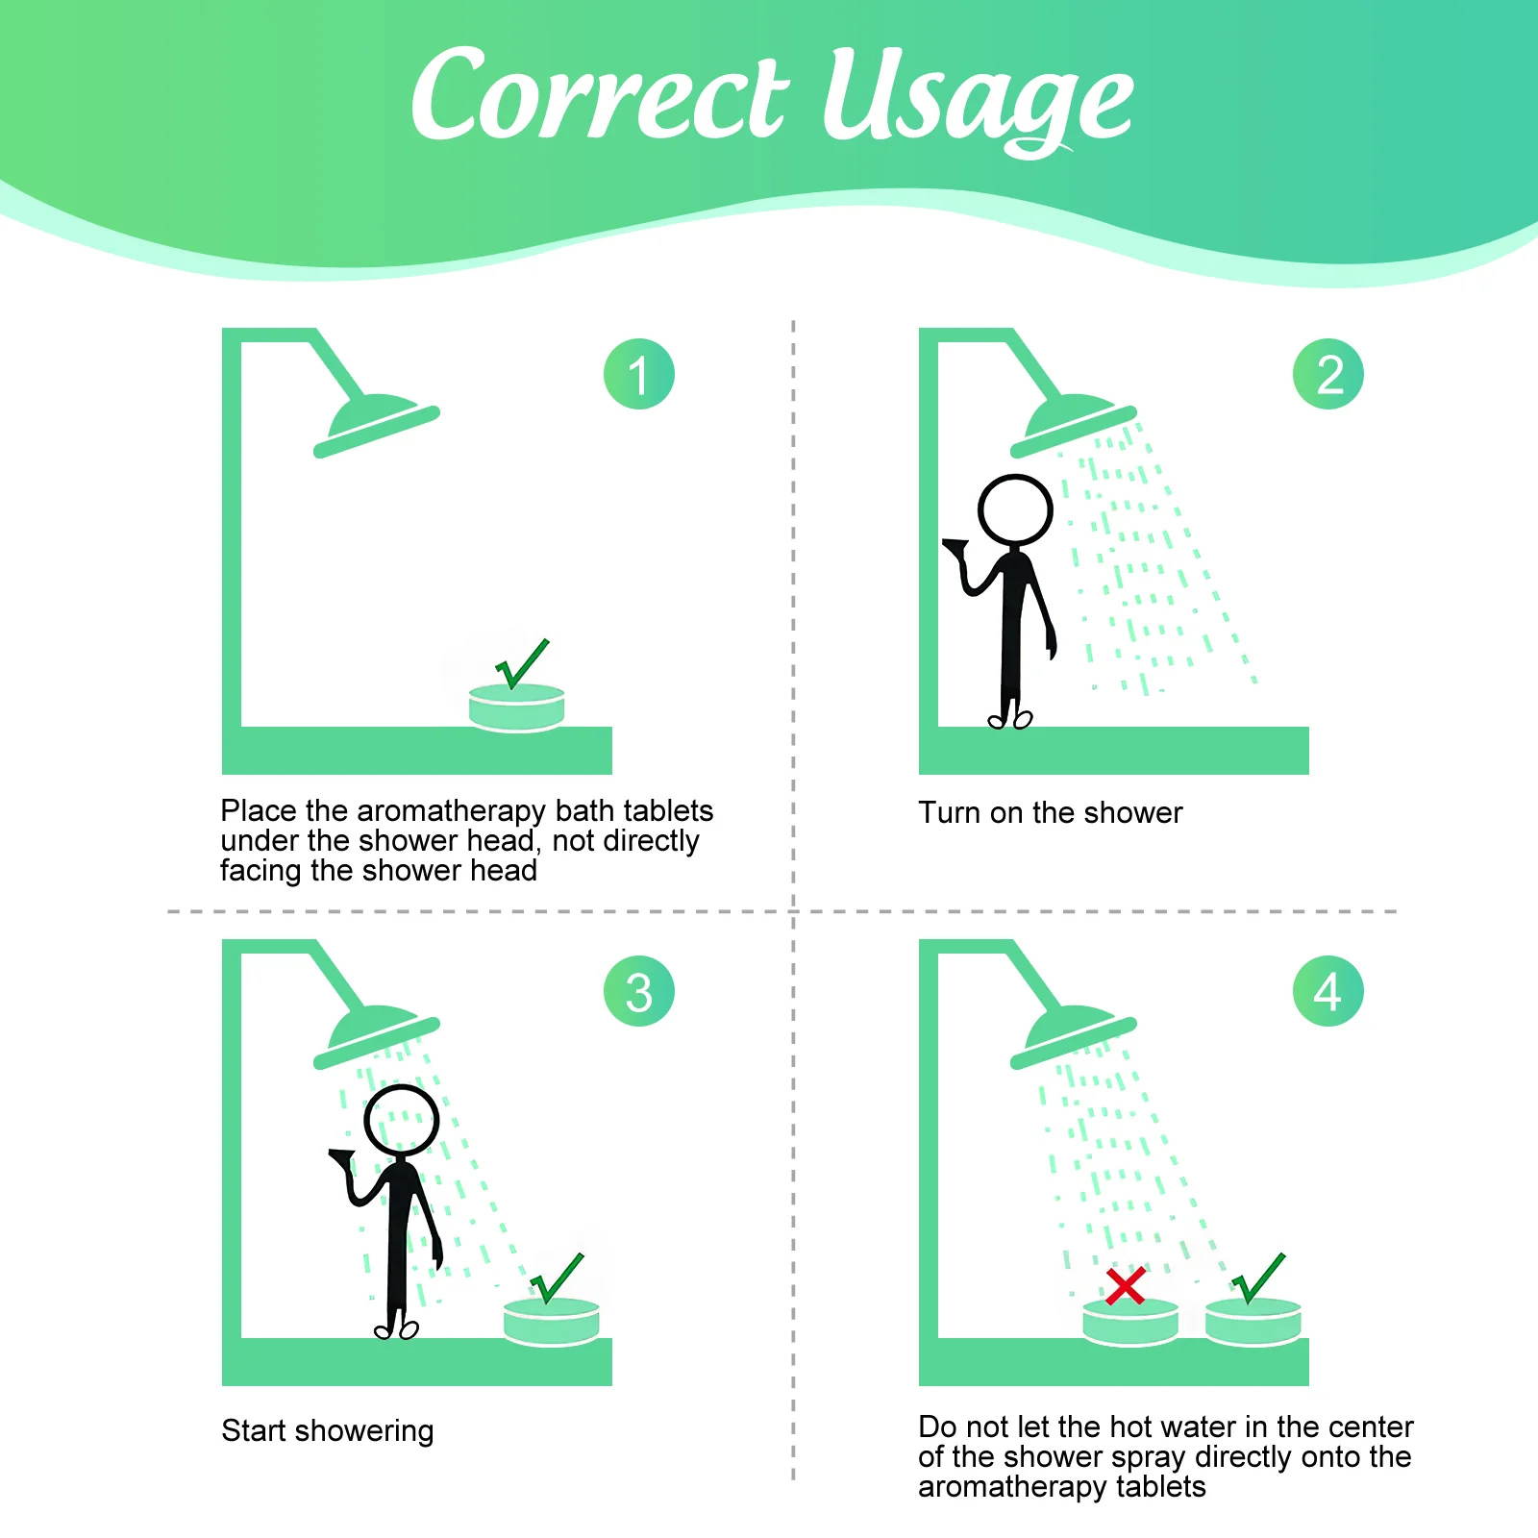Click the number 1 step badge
(639, 374)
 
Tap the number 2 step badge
(1328, 374)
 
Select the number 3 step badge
(639, 991)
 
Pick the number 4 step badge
(1328, 991)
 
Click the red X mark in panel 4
(1125, 1285)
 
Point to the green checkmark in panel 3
(558, 1278)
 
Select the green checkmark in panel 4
(1258, 1278)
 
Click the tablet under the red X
(1130, 1322)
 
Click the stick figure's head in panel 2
(1015, 509)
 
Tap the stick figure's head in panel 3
(402, 1121)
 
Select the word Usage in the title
(979, 101)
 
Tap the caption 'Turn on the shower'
(1050, 812)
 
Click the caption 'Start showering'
(327, 1430)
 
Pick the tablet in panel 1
(516, 707)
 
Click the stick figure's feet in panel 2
(1010, 719)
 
